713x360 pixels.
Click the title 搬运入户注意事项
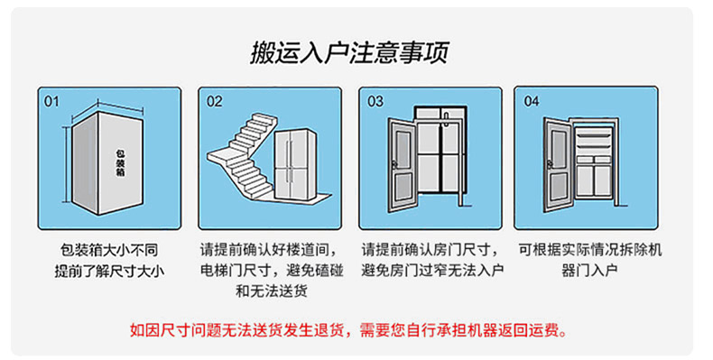click(349, 52)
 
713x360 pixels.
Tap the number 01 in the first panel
click(51, 101)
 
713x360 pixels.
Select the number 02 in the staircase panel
click(214, 101)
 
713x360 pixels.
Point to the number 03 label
click(375, 101)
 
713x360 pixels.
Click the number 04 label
click(531, 101)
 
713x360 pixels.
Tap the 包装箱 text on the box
click(121, 162)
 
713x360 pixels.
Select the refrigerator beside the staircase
click(295, 164)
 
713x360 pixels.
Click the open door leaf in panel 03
click(403, 165)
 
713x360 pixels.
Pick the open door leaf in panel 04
click(558, 164)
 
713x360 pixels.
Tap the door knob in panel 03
click(394, 164)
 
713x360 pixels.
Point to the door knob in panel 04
click(549, 163)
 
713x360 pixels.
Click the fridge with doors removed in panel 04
click(594, 162)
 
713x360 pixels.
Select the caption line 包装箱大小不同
click(109, 250)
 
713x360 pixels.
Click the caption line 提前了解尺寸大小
click(109, 271)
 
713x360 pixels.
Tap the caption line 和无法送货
click(271, 291)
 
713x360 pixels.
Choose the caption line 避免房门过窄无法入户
click(432, 271)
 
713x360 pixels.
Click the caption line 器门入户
click(589, 271)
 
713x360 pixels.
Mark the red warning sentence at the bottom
click(348, 330)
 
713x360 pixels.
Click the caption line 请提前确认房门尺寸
click(431, 250)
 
